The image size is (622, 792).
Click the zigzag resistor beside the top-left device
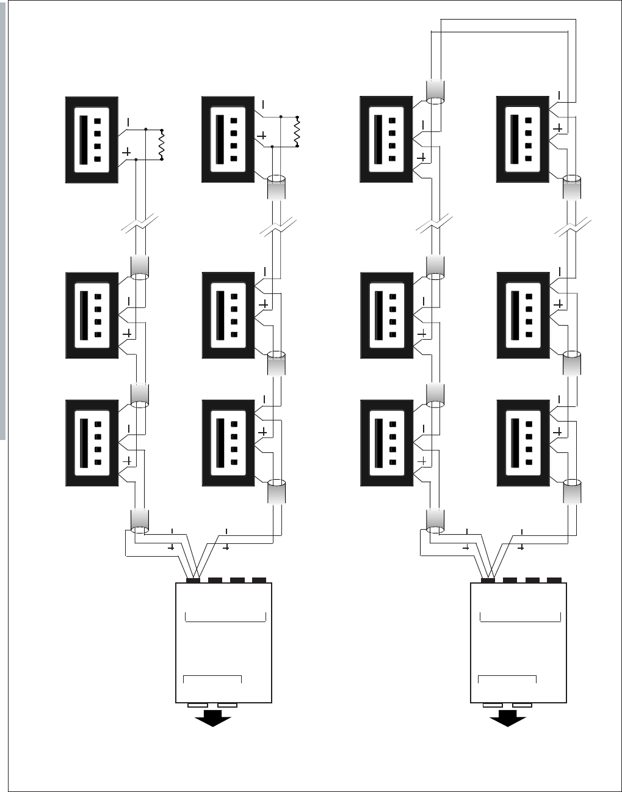coord(162,144)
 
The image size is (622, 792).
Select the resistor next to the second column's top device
coord(297,131)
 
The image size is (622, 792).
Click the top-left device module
coord(92,139)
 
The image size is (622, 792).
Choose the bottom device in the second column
coord(228,443)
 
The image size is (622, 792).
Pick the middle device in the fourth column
coord(523,315)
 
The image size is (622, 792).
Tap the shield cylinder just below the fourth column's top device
coord(571,186)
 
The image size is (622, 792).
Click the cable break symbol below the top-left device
coord(140,227)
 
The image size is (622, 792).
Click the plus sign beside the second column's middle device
coord(264,304)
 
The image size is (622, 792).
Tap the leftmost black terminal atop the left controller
coord(193,580)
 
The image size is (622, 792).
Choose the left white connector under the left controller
coord(197,706)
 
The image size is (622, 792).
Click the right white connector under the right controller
coord(522,706)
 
